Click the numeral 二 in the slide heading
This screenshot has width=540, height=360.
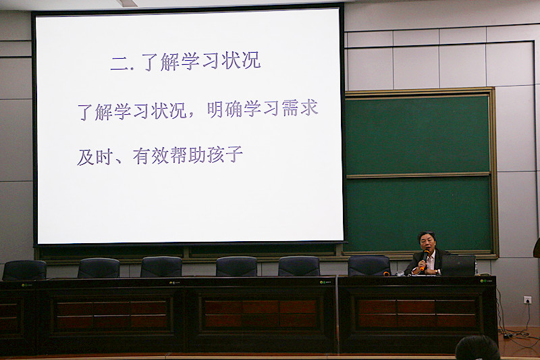(119, 64)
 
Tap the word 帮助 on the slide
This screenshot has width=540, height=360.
(188, 155)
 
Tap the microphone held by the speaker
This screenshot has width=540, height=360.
(425, 260)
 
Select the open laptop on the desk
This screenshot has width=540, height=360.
(458, 265)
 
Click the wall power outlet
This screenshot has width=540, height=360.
(527, 300)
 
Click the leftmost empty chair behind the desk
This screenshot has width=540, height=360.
(24, 270)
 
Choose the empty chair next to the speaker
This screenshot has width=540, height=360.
(369, 265)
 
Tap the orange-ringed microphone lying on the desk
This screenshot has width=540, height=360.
(386, 274)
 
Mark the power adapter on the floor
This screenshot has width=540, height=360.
(506, 335)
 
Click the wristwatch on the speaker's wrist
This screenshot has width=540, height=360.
(437, 272)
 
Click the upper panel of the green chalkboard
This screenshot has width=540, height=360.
(417, 135)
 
